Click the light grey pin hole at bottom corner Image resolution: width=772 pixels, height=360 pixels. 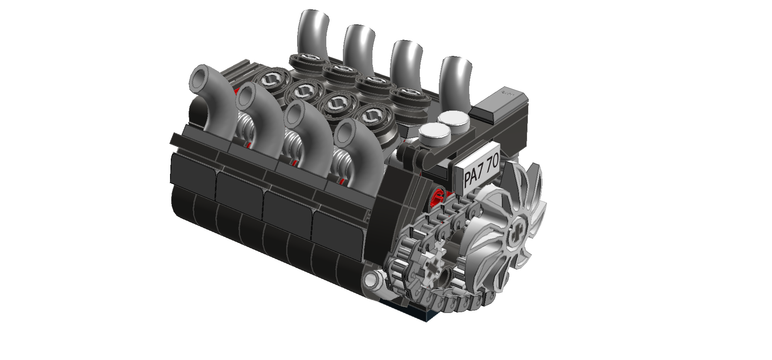(x=370, y=280)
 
